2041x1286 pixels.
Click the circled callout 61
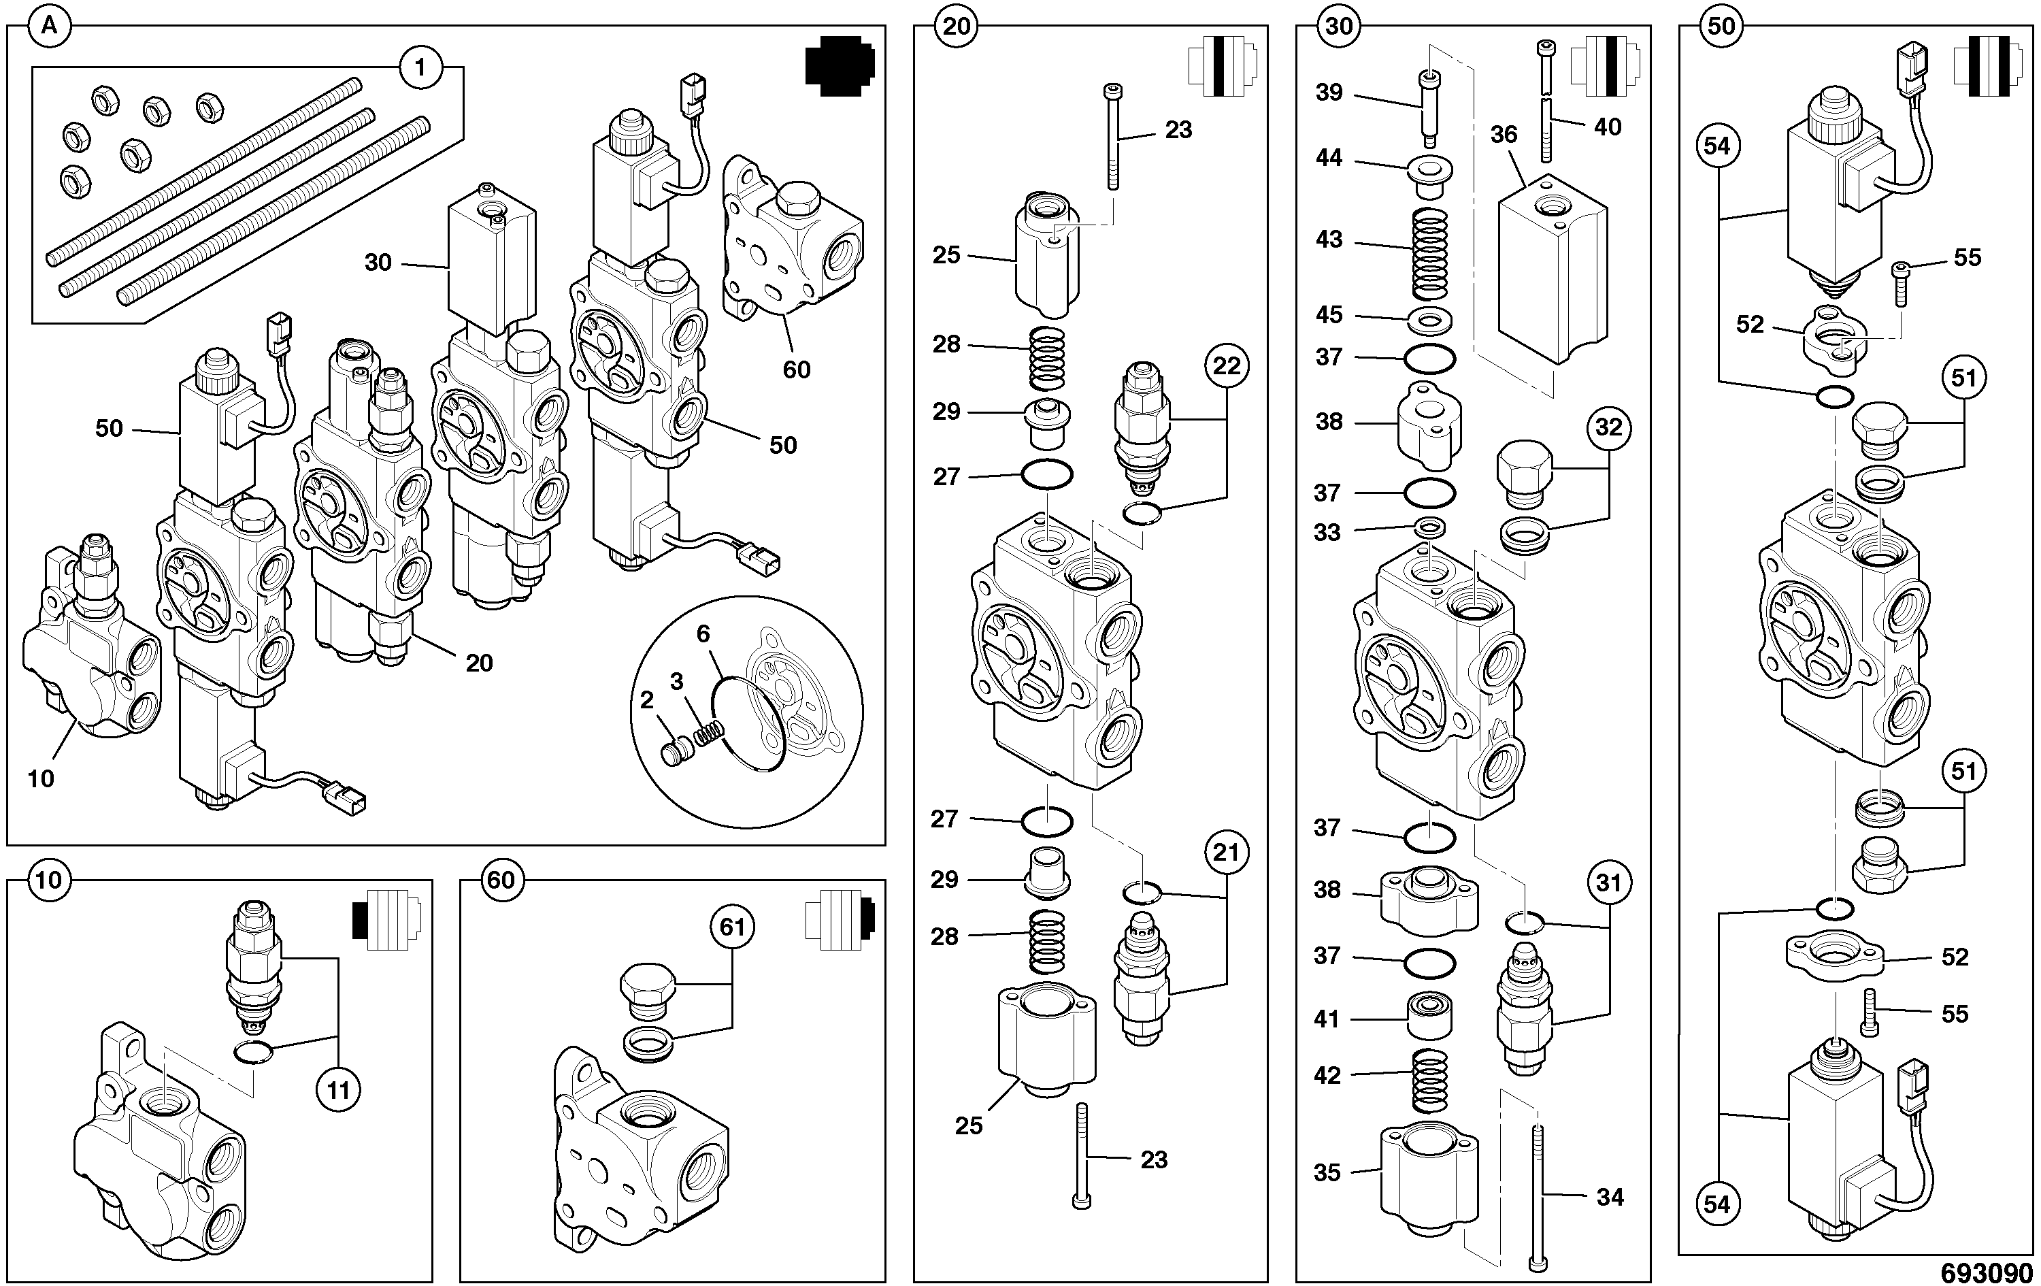[732, 927]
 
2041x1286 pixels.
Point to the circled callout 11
[338, 1089]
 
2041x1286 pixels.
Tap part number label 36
[1504, 135]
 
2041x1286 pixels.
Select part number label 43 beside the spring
[1329, 239]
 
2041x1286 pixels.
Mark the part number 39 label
[1329, 93]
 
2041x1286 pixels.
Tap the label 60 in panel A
[796, 369]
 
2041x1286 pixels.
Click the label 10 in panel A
[41, 778]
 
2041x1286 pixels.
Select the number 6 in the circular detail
[703, 634]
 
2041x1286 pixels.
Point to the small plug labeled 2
[675, 752]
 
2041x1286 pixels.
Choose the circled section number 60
[501, 880]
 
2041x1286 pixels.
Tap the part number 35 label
[1327, 1172]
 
